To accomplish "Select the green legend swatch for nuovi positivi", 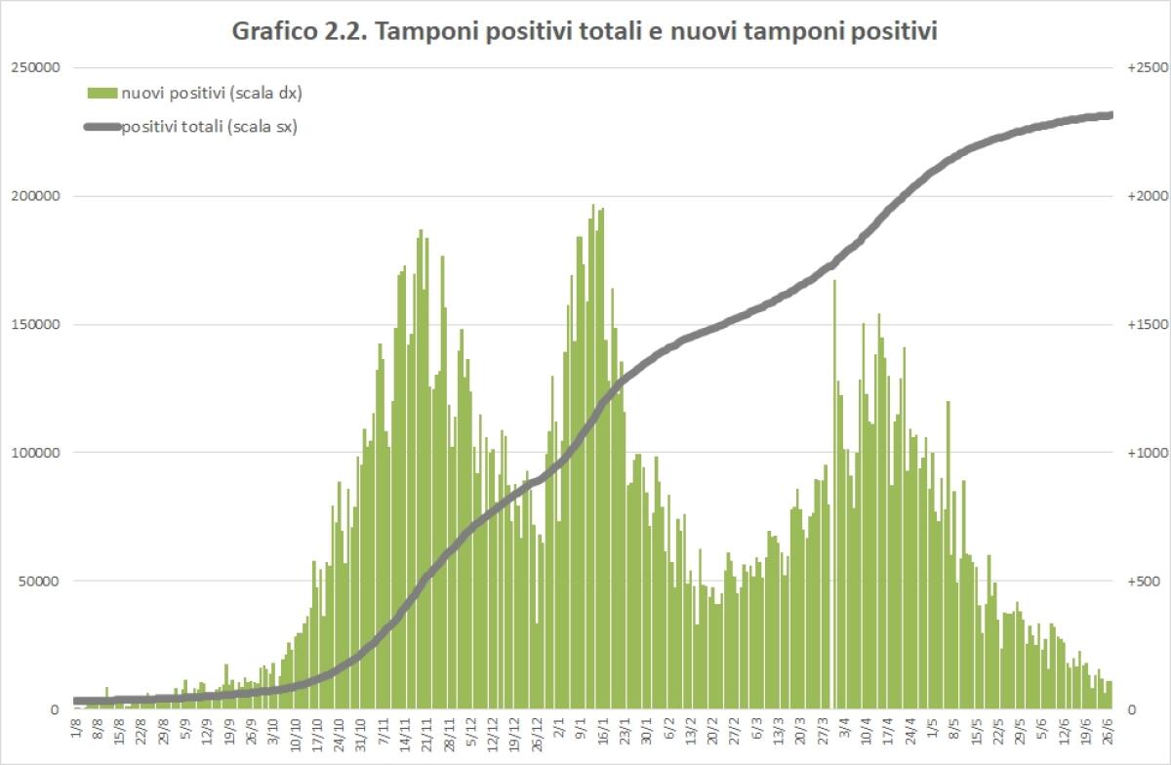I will pyautogui.click(x=102, y=93).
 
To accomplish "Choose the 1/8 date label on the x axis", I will pyautogui.click(x=75, y=727).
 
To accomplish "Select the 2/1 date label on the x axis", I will pyautogui.click(x=558, y=727).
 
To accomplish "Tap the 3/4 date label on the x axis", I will pyautogui.click(x=842, y=727).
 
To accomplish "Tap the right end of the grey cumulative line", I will pyautogui.click(x=1110, y=115).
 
